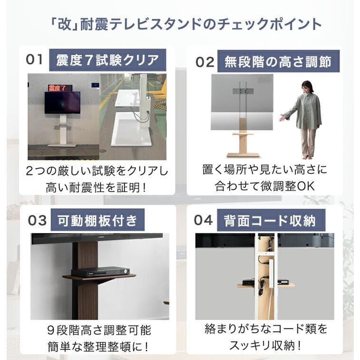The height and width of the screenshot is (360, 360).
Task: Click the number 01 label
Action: (34, 60)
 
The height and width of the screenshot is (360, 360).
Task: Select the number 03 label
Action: (37, 221)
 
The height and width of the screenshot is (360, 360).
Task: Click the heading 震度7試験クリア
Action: (107, 60)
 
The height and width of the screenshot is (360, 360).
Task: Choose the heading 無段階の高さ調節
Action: (278, 62)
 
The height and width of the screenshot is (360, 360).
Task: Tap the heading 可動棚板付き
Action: (97, 221)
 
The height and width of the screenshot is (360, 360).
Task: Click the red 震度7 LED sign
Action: (59, 88)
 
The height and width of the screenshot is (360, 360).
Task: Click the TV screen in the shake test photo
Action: (62, 102)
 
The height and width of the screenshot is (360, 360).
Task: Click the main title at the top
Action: (180, 24)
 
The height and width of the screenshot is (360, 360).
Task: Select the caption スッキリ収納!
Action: (266, 344)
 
